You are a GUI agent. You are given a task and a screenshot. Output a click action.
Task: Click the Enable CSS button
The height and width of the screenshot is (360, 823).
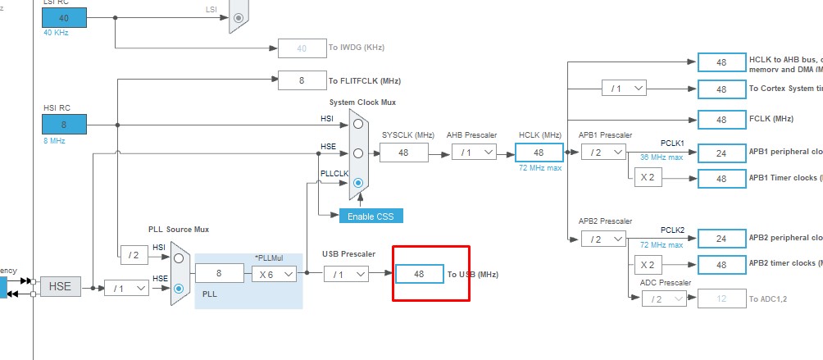pos(371,215)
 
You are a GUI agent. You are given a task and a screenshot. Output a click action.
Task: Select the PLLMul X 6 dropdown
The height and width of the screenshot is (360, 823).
pos(274,275)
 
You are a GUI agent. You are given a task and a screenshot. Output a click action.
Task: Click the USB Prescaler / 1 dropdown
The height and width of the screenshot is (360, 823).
pos(346,274)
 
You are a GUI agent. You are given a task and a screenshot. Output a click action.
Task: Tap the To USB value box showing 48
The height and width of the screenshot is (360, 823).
pos(419,274)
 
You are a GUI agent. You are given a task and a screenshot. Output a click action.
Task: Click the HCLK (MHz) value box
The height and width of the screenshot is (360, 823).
pos(539,153)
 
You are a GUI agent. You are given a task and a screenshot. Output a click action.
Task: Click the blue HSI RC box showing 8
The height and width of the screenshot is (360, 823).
pos(64,124)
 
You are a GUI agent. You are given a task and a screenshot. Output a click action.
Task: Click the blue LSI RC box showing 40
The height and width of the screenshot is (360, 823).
pos(64,17)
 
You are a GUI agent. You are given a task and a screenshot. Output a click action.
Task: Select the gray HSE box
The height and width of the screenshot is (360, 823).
pos(61,286)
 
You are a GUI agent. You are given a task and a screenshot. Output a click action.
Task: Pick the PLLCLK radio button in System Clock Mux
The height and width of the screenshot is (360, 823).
pos(358,184)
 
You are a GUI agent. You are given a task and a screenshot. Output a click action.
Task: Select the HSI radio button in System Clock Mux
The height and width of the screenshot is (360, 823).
pos(358,123)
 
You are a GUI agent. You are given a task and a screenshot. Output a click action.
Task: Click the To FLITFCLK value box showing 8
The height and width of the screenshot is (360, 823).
pos(302,80)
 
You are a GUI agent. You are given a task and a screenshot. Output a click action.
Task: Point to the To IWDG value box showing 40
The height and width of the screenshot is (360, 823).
pos(302,48)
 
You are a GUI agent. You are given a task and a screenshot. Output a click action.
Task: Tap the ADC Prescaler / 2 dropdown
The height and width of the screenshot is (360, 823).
pos(664,299)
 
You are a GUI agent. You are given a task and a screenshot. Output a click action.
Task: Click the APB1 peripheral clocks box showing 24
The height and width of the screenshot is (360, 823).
pos(721,153)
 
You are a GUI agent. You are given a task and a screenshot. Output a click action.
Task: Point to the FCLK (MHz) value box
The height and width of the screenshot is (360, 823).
pos(721,119)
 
